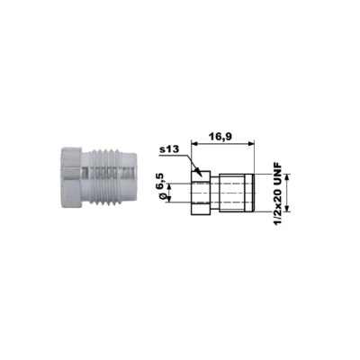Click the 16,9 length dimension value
click(220, 137)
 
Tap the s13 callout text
click(169, 149)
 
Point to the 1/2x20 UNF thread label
click(279, 193)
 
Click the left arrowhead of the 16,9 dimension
click(194, 144)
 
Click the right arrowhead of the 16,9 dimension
click(251, 144)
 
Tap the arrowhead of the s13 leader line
click(196, 172)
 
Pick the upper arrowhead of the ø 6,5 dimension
click(168, 186)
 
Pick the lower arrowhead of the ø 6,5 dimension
click(168, 200)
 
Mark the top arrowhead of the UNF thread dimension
click(287, 177)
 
